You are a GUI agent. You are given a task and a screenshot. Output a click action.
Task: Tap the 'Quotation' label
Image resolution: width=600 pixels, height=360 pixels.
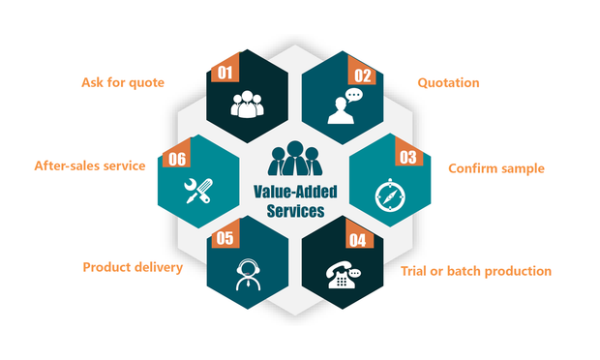coord(448,82)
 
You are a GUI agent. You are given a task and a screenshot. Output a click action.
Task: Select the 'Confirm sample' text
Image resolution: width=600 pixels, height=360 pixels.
coord(495,168)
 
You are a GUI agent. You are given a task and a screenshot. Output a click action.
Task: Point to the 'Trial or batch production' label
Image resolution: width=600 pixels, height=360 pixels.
coord(476,271)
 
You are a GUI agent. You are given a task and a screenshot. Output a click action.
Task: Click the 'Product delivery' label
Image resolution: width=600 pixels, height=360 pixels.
coord(133,267)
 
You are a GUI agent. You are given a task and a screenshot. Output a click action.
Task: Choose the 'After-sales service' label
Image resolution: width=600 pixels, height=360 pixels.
coord(90,165)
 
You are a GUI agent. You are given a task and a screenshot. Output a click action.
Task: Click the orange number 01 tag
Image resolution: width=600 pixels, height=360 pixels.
coord(225,72)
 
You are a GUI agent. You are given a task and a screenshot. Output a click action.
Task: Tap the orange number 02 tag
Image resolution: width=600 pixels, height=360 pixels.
coord(361,73)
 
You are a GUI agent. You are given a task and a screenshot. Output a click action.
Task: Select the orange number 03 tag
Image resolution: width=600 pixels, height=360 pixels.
coord(407,156)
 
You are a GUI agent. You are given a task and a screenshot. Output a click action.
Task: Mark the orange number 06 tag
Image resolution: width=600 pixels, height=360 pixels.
coord(177,158)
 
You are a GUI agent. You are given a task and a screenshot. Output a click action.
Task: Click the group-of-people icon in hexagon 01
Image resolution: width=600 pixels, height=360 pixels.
coord(248,104)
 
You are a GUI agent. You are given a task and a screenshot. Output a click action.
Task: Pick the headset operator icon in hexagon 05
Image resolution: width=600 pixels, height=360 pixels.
coord(249,274)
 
